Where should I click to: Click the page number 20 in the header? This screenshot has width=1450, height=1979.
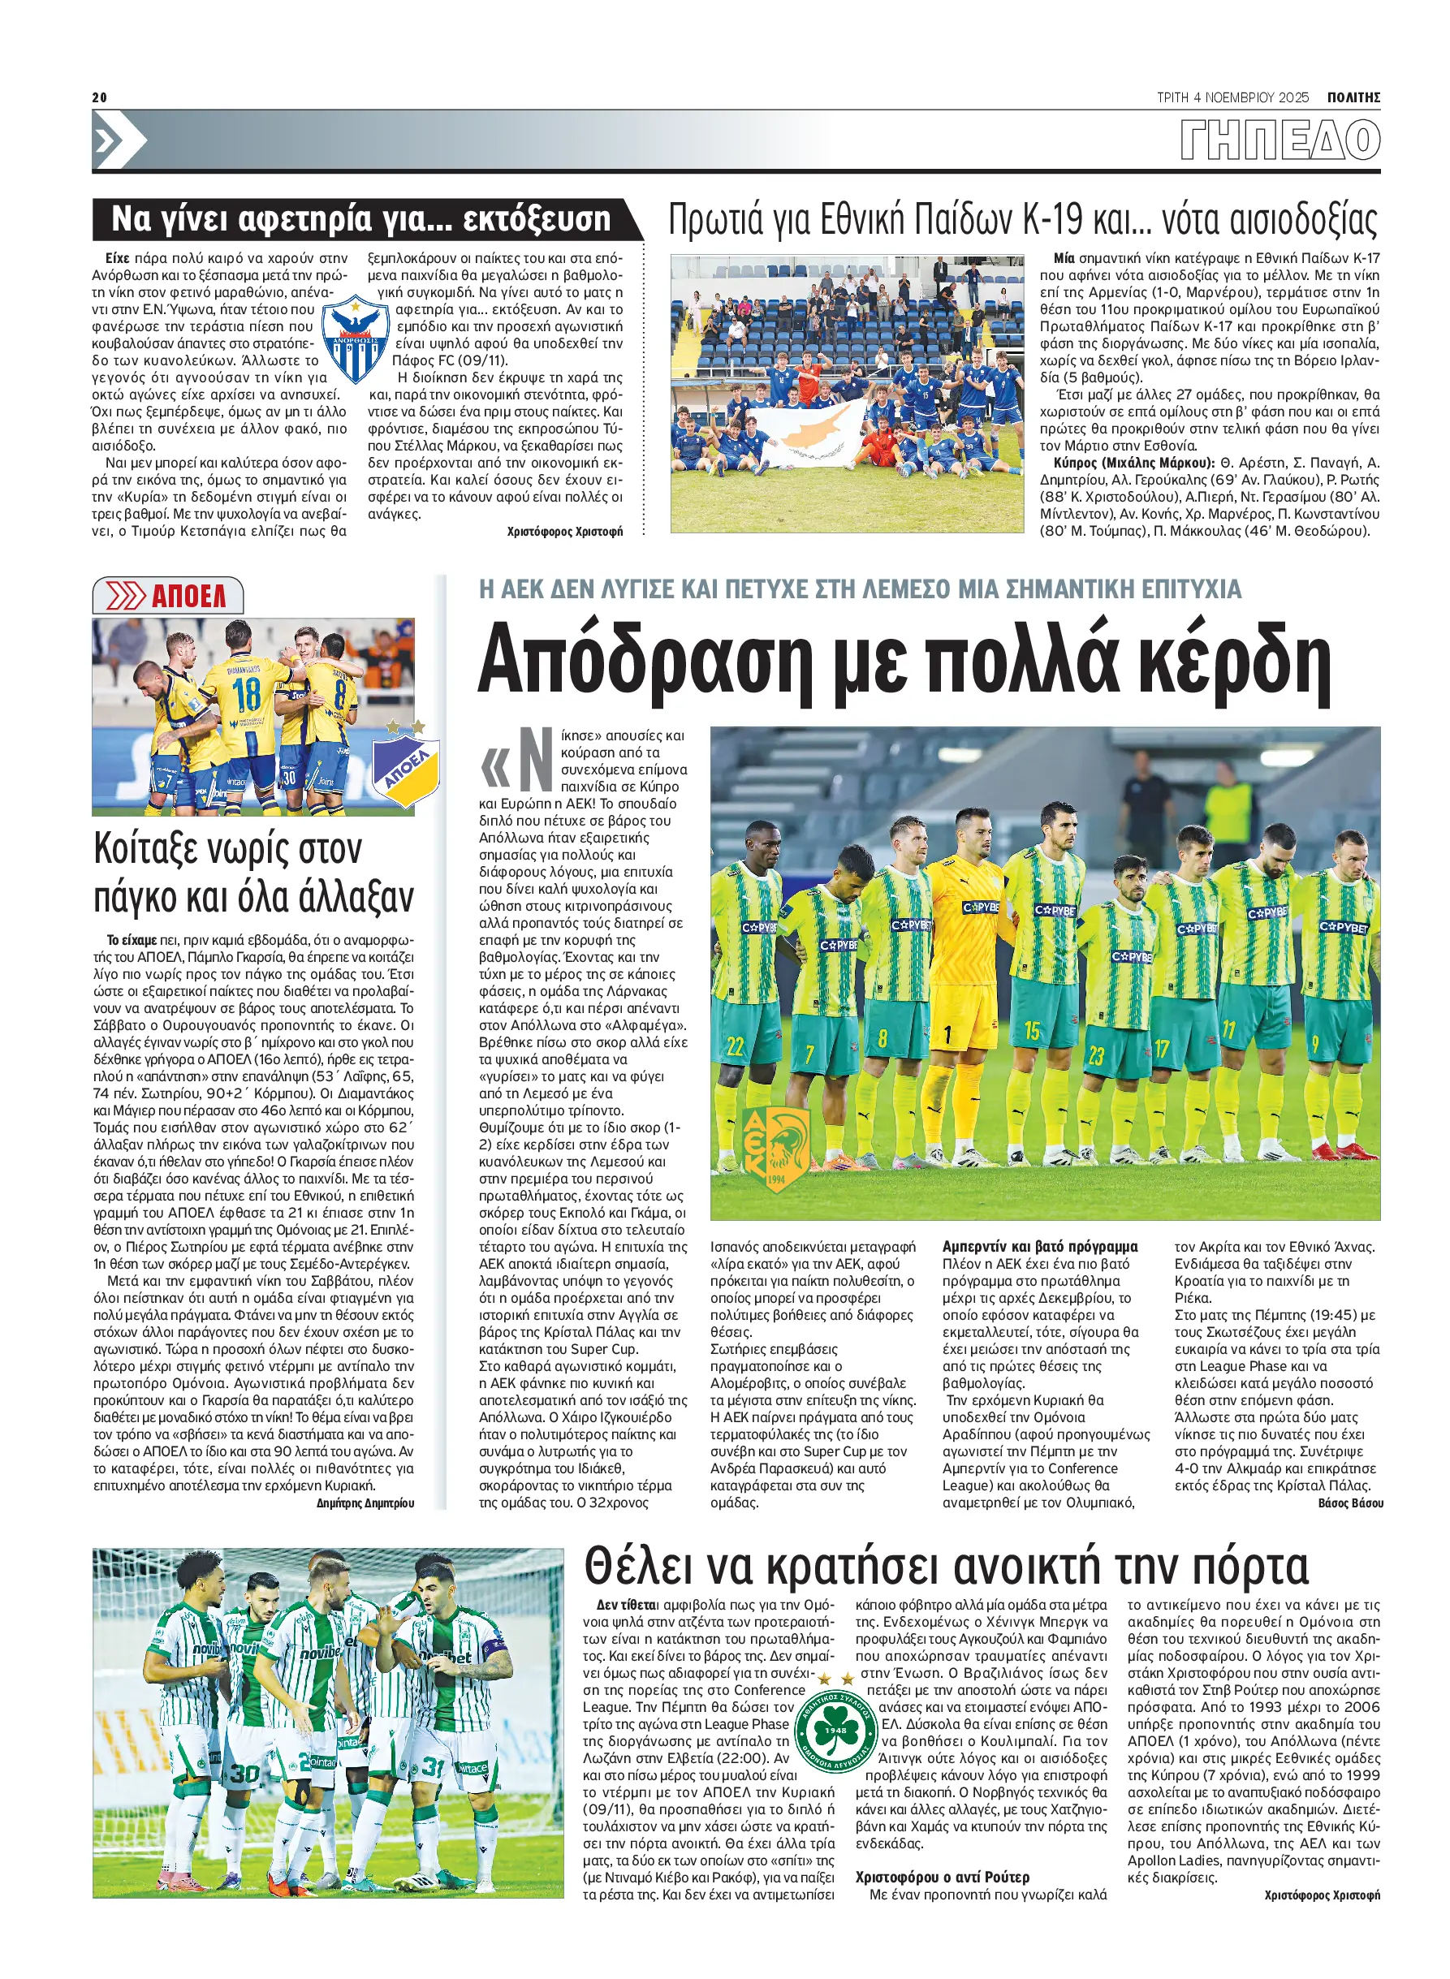(99, 97)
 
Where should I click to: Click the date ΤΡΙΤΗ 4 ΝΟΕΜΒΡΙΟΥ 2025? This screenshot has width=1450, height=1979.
(1232, 97)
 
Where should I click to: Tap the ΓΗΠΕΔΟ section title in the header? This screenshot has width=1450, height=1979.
(1280, 140)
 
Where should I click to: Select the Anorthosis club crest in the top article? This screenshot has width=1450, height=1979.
(356, 338)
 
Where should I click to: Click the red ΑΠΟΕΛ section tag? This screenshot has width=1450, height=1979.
(169, 596)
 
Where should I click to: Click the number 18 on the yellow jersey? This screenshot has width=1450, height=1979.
(248, 694)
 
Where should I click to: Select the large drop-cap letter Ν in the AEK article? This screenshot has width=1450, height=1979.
(534, 760)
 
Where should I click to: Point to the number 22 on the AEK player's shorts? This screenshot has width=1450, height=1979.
(736, 1045)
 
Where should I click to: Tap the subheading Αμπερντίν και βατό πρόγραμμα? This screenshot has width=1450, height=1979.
(1039, 1246)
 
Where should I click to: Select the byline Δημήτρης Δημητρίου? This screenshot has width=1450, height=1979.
(365, 1503)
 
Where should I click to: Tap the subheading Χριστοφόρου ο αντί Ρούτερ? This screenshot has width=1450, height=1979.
(942, 1878)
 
